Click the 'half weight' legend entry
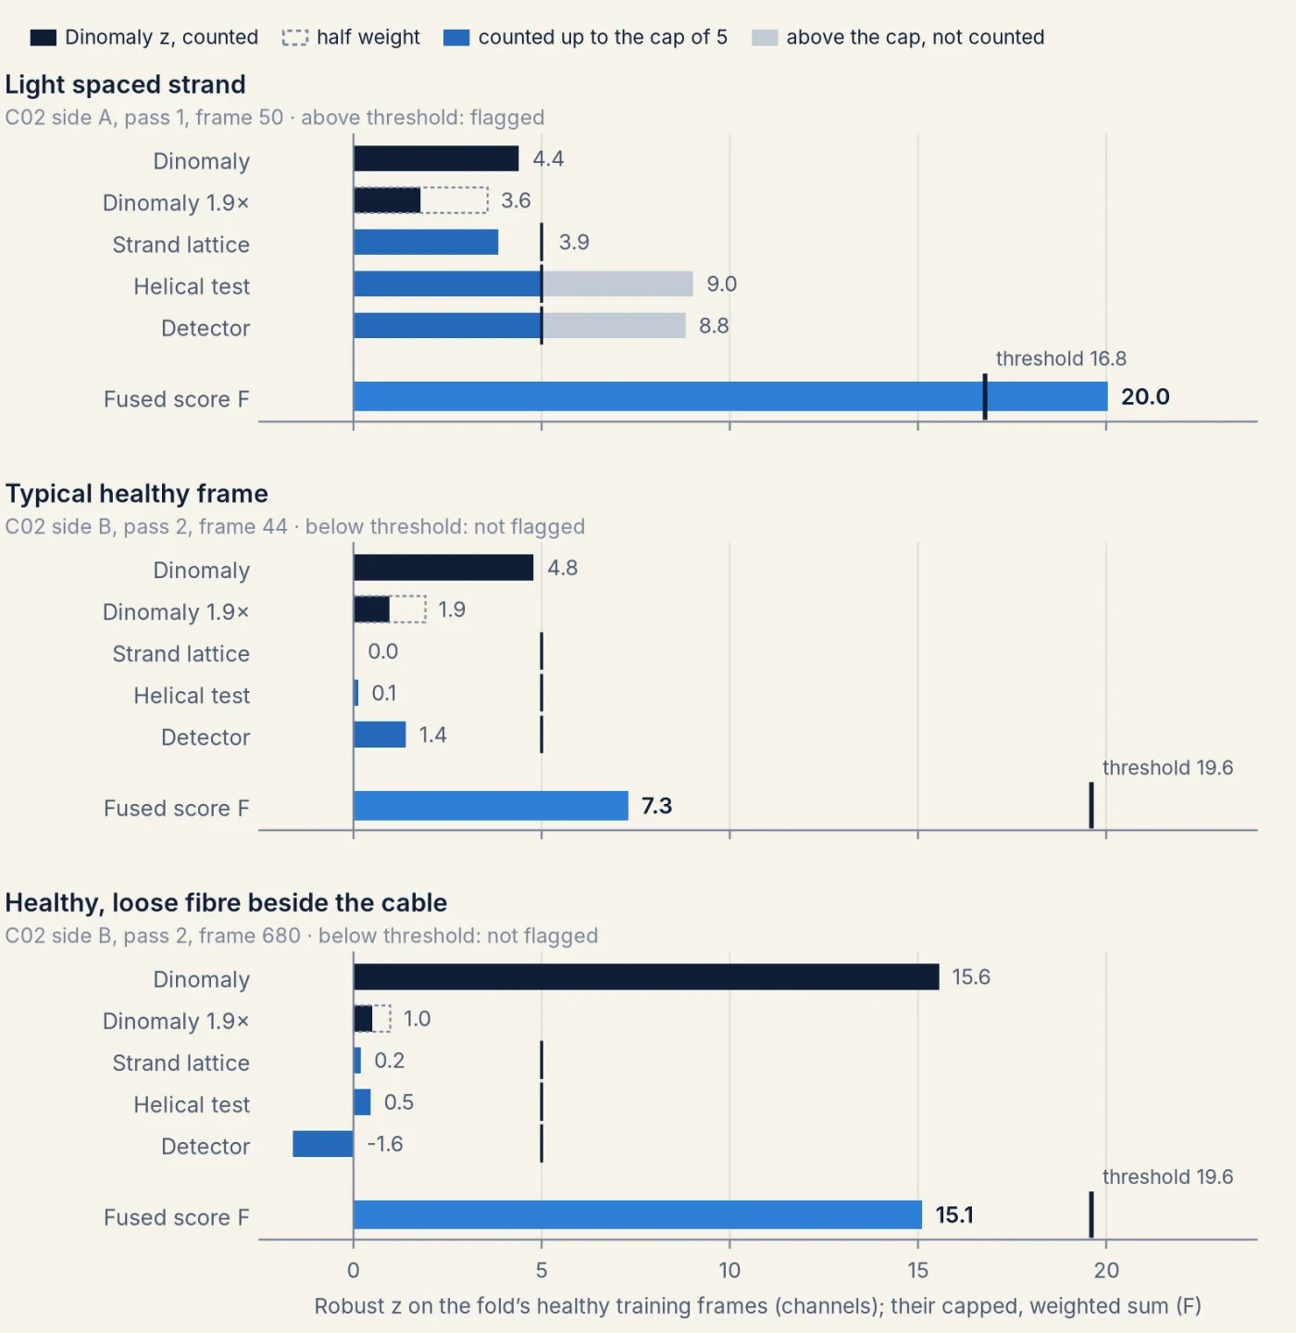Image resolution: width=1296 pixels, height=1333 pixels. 351,37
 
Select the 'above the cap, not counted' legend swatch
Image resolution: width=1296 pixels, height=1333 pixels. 764,37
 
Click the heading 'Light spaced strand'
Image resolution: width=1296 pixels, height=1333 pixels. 125,84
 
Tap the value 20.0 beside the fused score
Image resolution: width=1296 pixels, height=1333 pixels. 1145,396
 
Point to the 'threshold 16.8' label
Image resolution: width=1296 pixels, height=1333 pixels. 1061,358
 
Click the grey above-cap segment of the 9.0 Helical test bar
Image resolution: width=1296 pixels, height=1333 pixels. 617,283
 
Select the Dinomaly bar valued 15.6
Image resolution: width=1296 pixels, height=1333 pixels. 646,976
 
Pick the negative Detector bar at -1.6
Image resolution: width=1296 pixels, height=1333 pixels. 323,1144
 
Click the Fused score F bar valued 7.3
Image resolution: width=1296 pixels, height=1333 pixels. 491,806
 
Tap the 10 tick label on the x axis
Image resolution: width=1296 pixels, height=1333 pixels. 729,1271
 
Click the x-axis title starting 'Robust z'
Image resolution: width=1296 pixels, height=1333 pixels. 757,1305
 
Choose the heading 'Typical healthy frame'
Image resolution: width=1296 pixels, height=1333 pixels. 136,493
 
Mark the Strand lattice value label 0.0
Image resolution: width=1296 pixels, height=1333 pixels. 382,650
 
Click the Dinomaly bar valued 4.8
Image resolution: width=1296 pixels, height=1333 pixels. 443,568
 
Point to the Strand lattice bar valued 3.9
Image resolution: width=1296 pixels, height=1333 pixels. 426,242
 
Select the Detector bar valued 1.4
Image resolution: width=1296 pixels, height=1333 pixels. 380,735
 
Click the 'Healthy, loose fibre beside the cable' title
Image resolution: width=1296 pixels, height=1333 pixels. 226,903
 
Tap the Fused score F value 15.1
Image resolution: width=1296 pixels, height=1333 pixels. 954,1215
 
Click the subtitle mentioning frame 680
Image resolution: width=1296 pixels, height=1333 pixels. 301,936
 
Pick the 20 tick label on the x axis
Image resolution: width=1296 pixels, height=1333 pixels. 1105,1271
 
